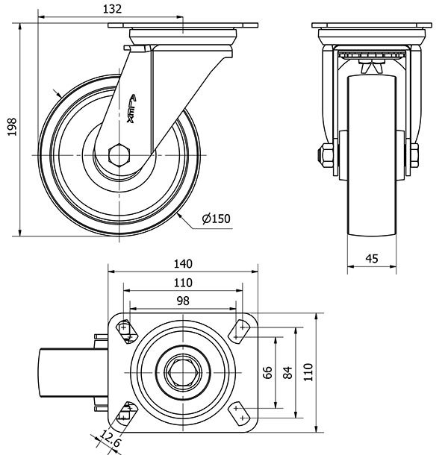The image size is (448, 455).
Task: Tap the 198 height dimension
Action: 10,131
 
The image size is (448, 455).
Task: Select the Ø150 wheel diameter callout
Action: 217,219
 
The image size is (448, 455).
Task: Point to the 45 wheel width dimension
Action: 371,259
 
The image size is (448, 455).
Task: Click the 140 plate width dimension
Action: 183,263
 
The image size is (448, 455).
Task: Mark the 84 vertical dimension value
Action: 288,371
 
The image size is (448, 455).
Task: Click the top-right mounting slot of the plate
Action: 240,330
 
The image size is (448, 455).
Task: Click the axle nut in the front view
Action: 326,157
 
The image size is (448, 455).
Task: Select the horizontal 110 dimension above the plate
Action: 183,282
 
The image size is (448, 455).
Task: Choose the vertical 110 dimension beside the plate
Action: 308,371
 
